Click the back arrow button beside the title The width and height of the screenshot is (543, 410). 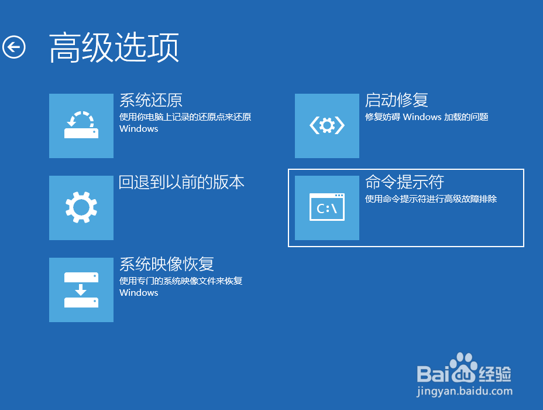click(x=14, y=47)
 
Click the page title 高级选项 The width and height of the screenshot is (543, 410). click(x=114, y=47)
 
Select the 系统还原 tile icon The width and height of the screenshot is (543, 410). click(x=81, y=126)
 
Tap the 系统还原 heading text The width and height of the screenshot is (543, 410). click(x=151, y=100)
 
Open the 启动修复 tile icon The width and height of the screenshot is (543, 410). click(x=327, y=126)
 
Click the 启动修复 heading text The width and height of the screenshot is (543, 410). click(x=397, y=100)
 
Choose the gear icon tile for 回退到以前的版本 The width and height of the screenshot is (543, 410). click(x=81, y=207)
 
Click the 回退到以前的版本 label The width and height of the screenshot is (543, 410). click(x=181, y=182)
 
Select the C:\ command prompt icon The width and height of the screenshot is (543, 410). click(x=327, y=207)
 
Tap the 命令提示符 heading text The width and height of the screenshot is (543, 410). click(x=404, y=182)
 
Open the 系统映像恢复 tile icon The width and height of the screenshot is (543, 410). click(x=81, y=290)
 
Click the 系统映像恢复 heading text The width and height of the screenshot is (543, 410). click(x=167, y=264)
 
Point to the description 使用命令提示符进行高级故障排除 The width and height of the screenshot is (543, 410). click(x=431, y=199)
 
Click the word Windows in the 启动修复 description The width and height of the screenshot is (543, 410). click(x=422, y=117)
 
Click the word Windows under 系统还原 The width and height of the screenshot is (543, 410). click(x=139, y=129)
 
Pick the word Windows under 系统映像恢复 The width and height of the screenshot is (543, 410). click(x=139, y=293)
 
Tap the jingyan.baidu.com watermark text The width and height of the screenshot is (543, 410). click(x=465, y=391)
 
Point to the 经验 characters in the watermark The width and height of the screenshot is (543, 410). click(x=495, y=374)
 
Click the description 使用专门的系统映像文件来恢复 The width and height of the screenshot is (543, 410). click(x=181, y=281)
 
